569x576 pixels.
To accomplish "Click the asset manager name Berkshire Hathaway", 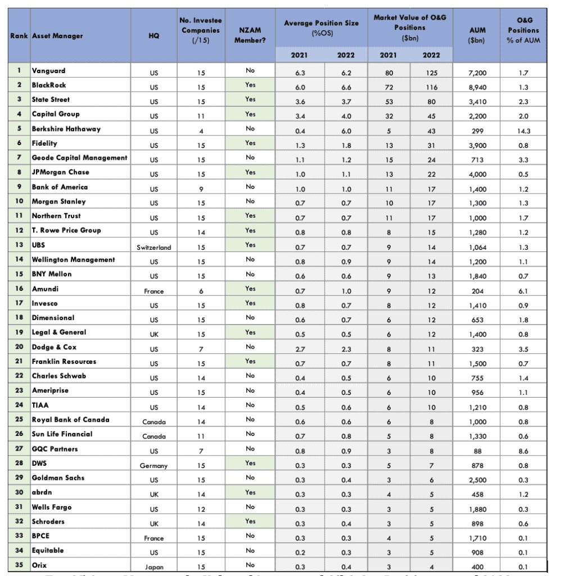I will click(66, 129).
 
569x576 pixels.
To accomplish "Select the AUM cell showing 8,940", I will click(477, 87).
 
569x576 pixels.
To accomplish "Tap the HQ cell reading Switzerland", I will click(153, 247).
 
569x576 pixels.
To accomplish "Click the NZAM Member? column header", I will click(250, 35).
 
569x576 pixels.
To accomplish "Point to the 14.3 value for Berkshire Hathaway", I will click(524, 131).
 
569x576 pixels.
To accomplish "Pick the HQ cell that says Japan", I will click(153, 567).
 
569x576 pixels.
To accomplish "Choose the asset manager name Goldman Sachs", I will click(58, 478).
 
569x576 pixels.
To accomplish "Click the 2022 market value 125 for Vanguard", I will click(431, 73).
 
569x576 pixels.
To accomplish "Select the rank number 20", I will click(19, 347).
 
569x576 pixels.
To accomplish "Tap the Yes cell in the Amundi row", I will click(250, 289).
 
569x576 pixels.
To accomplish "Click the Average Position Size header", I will click(321, 28).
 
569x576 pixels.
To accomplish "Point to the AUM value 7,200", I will click(477, 73).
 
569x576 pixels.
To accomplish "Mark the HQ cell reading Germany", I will click(153, 466).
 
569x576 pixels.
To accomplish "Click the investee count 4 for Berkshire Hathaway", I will click(201, 131).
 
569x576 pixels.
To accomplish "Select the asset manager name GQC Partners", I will click(55, 449).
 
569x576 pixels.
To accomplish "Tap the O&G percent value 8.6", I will click(524, 451).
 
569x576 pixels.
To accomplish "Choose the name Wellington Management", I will click(73, 259).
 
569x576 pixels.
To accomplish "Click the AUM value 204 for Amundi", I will click(477, 291).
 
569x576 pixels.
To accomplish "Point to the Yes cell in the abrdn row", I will click(250, 492).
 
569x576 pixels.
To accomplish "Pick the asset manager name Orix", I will click(39, 565).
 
